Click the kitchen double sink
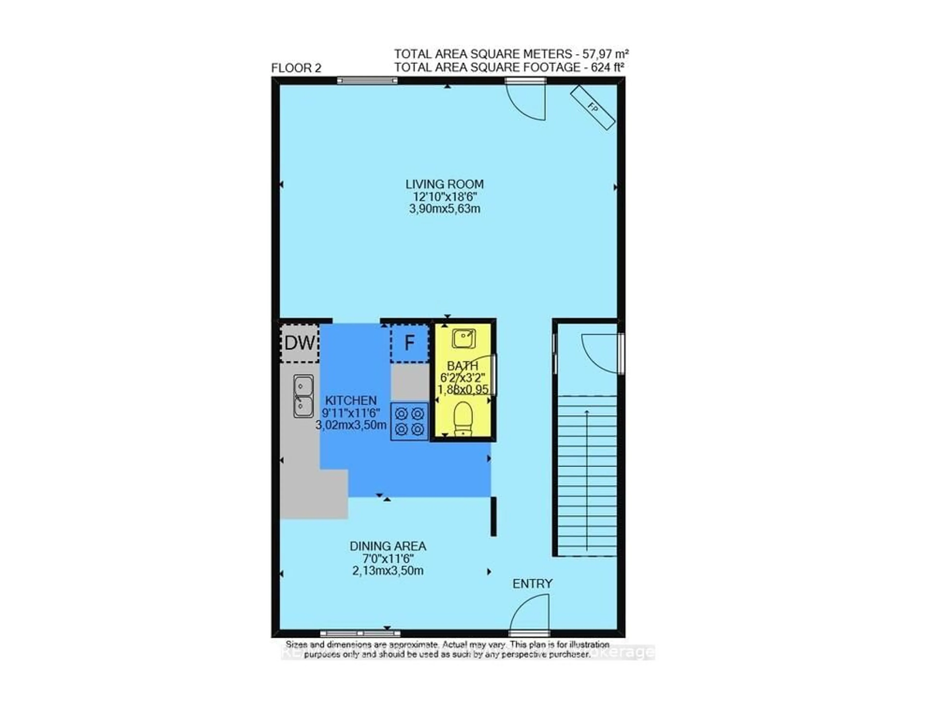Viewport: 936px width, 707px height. click(303, 396)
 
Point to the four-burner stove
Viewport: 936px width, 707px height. click(409, 421)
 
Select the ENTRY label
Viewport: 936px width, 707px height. click(532, 584)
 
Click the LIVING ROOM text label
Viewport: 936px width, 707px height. click(444, 184)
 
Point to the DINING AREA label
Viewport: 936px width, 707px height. click(388, 546)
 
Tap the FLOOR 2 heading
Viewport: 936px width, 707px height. click(296, 68)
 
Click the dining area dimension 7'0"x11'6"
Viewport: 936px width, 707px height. click(388, 559)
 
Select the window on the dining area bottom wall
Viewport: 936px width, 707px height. click(360, 645)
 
